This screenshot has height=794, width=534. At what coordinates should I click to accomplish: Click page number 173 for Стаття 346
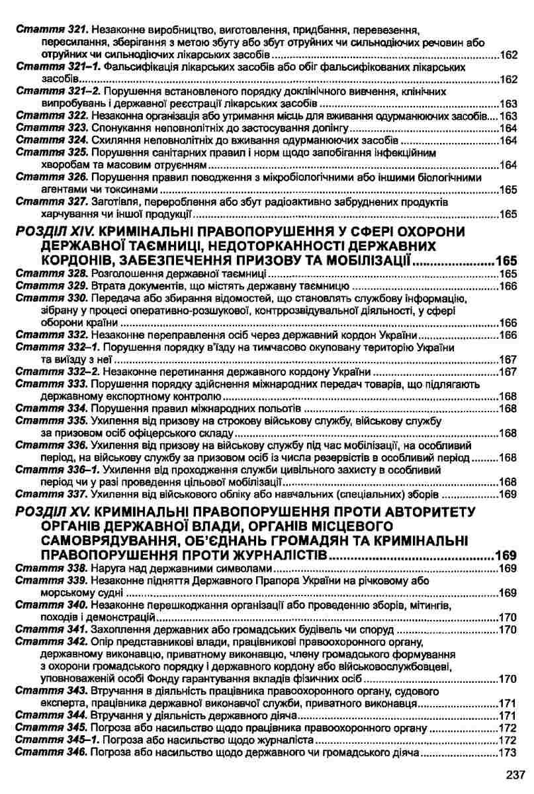(x=507, y=753)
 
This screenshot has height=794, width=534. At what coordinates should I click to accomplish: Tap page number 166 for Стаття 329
(x=507, y=287)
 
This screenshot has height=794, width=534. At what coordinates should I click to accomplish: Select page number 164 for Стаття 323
(x=507, y=128)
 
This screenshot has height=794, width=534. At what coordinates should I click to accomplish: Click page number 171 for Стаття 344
(x=507, y=716)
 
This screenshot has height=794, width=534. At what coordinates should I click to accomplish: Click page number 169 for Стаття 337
(x=507, y=494)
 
